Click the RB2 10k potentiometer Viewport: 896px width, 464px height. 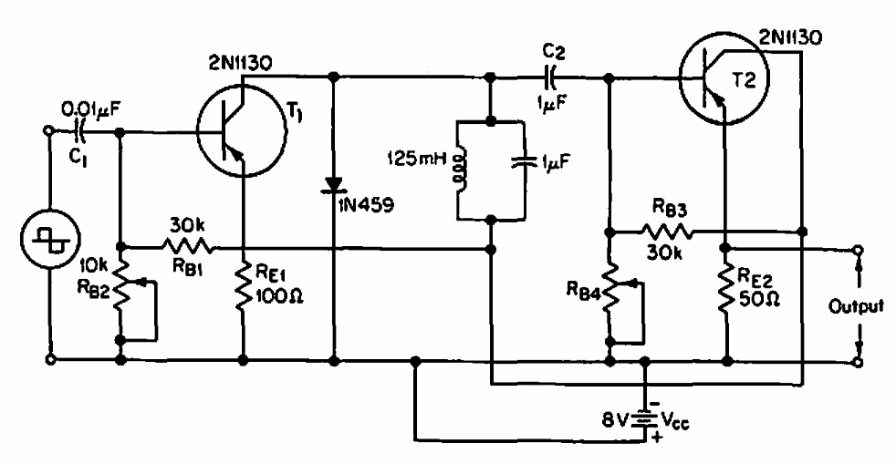pyautogui.click(x=121, y=292)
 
